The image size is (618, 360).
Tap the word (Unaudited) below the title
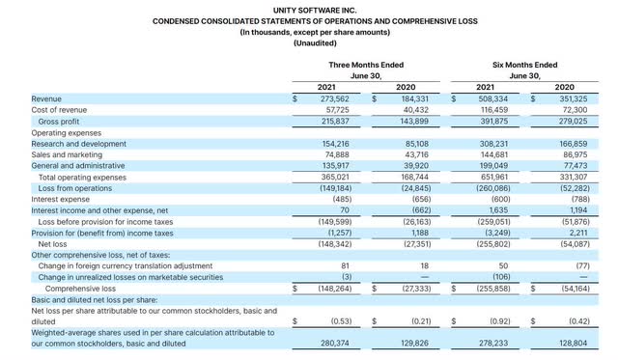(x=308, y=42)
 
